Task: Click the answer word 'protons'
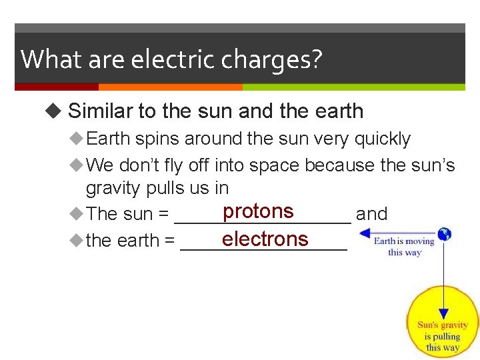(x=258, y=211)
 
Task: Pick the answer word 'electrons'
(x=265, y=239)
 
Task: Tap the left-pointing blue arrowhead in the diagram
(x=364, y=234)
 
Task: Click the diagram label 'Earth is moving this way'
(x=403, y=246)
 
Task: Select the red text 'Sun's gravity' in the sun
(x=443, y=325)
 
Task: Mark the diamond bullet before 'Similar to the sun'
(x=54, y=111)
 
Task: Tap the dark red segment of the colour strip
(x=56, y=87)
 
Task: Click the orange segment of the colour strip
(x=170, y=87)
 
